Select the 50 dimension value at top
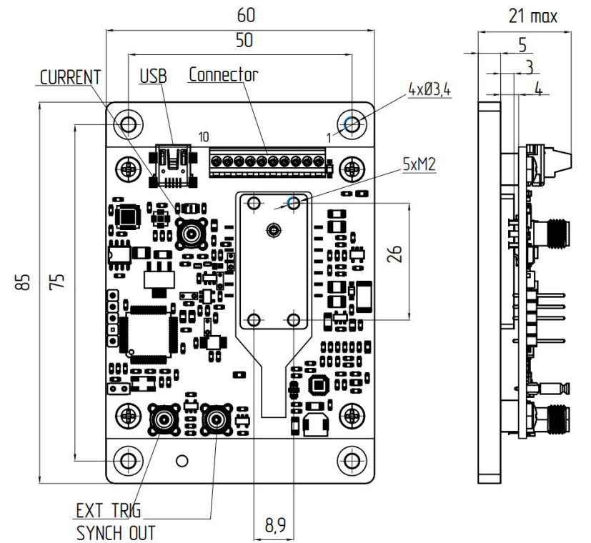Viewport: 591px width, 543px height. (244, 41)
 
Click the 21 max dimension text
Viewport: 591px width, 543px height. (533, 16)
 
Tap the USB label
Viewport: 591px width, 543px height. (152, 75)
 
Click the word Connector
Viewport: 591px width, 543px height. (223, 74)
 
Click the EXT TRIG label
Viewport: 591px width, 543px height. (108, 510)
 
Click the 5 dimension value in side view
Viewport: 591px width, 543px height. (522, 45)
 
